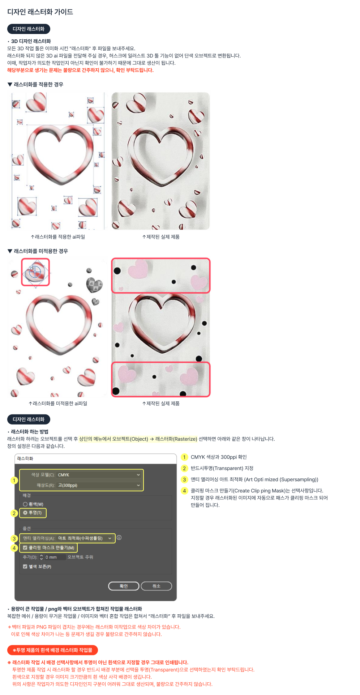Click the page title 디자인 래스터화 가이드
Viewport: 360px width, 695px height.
pos(40,12)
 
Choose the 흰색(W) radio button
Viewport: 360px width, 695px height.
pos(25,504)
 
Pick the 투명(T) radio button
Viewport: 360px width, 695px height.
pos(25,513)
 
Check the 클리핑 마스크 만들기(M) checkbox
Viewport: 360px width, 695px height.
pos(25,547)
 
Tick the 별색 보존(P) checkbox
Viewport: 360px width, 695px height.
pos(25,567)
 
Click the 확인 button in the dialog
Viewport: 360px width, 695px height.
pos(124,586)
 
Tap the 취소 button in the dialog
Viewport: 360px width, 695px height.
pos(156,586)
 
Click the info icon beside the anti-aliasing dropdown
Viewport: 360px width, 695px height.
pos(119,538)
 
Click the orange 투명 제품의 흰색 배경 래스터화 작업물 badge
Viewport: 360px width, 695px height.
pos(52,650)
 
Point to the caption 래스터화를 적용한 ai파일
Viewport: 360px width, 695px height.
pos(58,237)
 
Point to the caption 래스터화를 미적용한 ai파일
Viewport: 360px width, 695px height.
pos(58,404)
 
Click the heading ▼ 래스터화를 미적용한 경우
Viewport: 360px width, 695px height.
pos(38,251)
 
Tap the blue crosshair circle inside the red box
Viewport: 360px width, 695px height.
pos(35,270)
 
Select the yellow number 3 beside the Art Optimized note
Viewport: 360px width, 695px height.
pos(184,479)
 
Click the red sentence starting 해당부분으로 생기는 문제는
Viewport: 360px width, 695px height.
pos(80,70)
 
